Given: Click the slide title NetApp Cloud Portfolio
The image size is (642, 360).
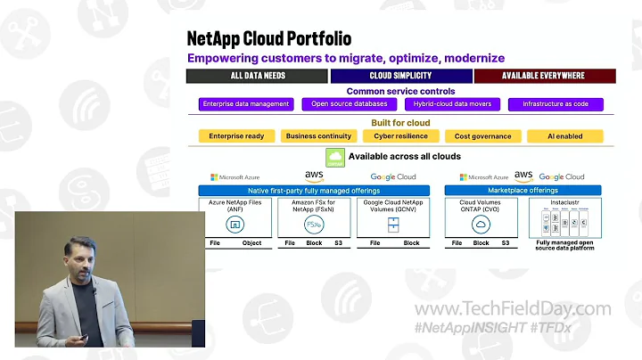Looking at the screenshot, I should tap(268, 38).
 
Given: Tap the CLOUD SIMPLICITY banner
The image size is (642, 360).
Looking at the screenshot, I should tap(401, 76).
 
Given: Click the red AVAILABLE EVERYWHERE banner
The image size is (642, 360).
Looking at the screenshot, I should tap(545, 76).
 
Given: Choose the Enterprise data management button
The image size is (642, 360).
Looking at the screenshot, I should tap(245, 104).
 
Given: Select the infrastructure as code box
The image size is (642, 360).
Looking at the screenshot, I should tap(555, 104).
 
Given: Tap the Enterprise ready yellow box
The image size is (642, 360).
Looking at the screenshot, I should tap(237, 136).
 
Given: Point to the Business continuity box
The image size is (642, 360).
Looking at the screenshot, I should tap(318, 136).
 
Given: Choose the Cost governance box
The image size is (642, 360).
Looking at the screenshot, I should tap(482, 136).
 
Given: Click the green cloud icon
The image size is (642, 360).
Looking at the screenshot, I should tap(335, 158).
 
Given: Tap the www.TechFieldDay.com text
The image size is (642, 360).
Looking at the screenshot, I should tap(514, 309).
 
